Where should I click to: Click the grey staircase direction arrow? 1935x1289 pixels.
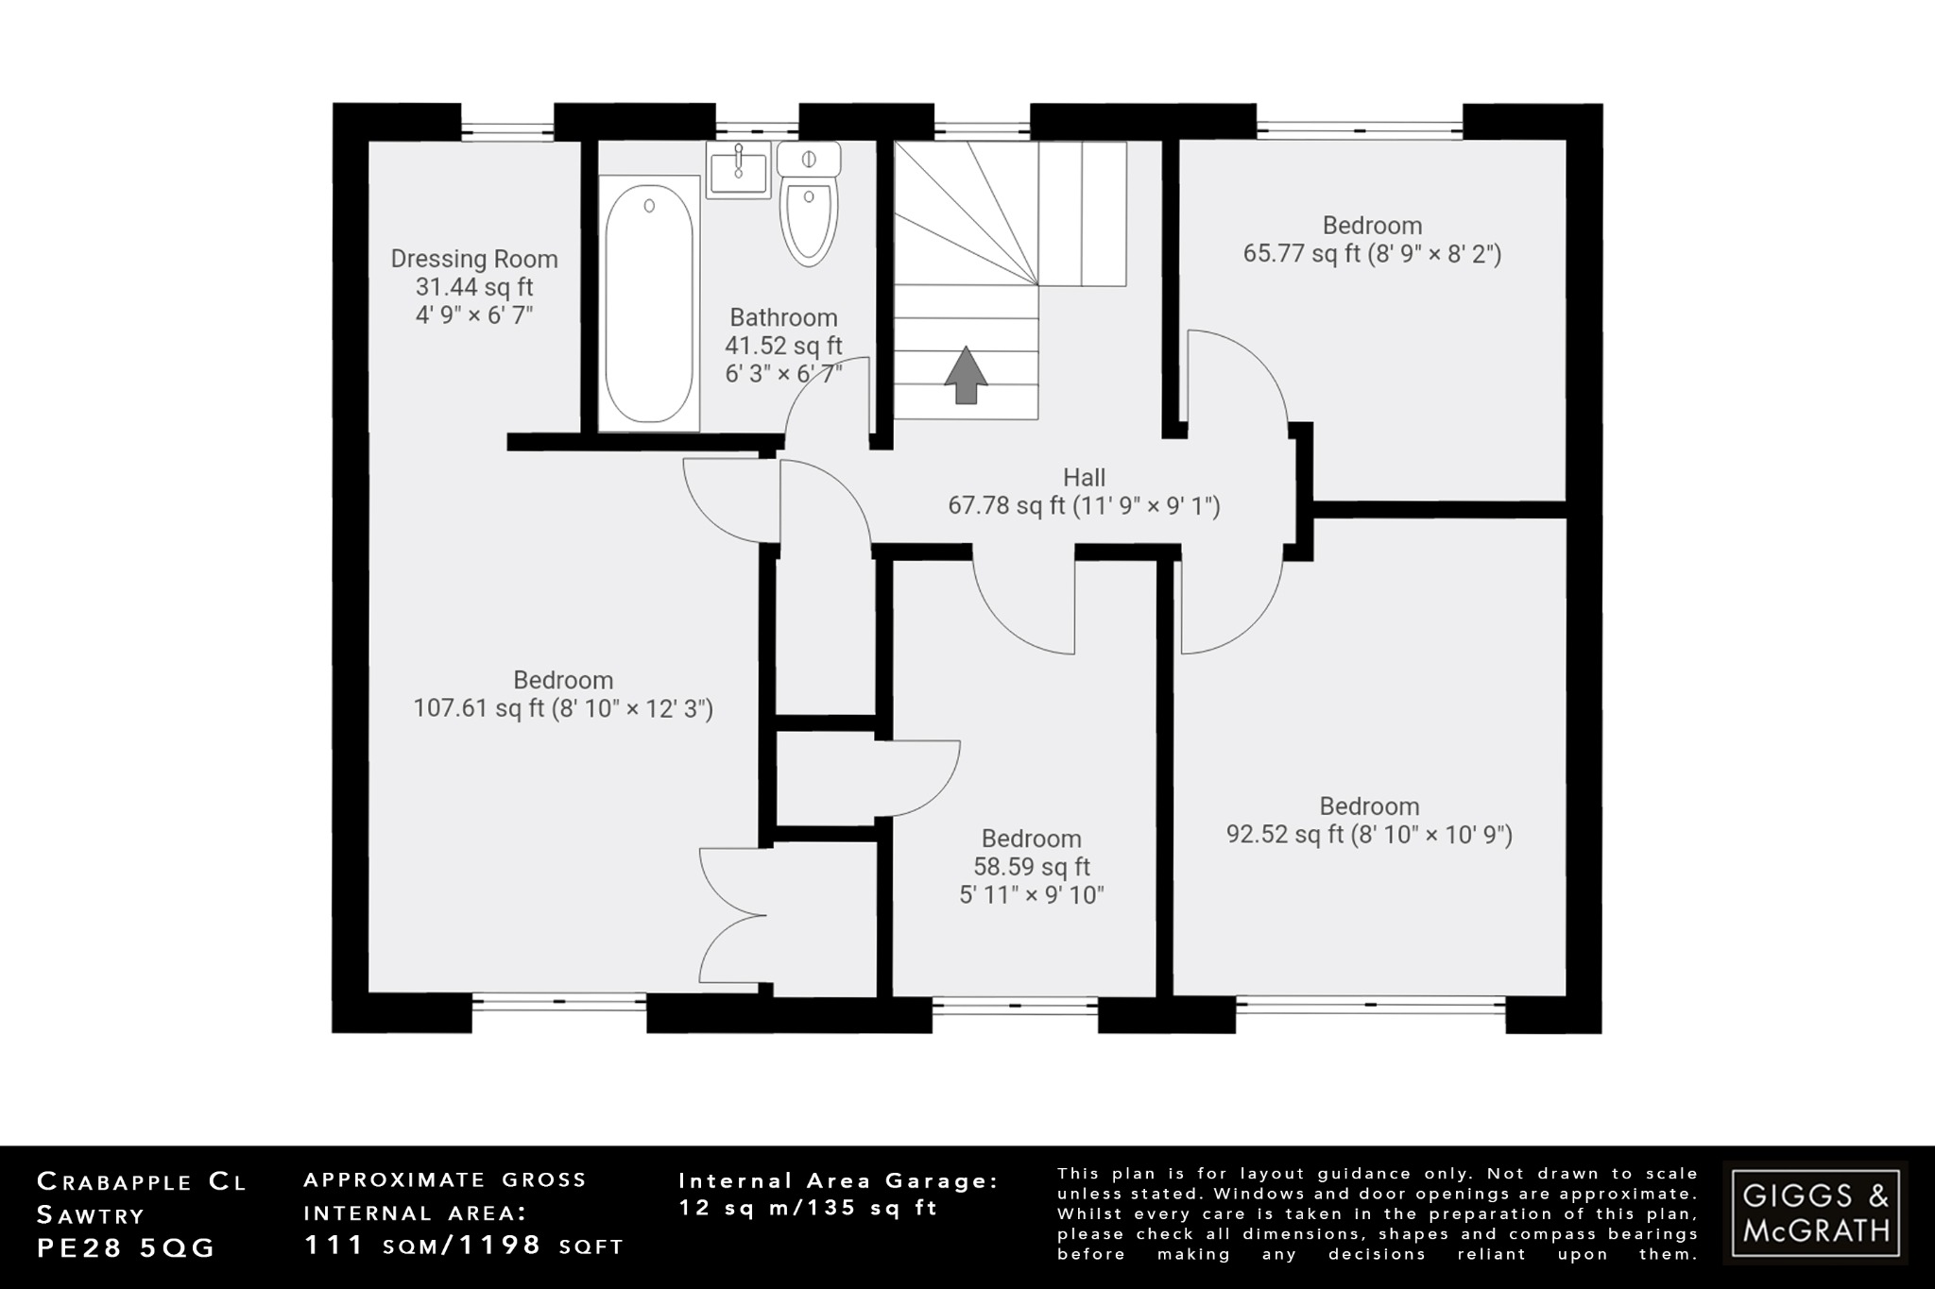tap(966, 375)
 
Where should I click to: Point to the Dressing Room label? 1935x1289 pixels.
tap(474, 259)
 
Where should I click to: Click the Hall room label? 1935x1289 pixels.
tap(1084, 478)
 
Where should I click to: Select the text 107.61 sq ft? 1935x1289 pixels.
tap(479, 708)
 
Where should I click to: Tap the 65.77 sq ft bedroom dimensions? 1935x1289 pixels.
tap(1372, 254)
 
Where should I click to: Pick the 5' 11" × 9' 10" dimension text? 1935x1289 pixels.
tap(1032, 895)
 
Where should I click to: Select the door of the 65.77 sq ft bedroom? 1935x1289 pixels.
tap(1238, 378)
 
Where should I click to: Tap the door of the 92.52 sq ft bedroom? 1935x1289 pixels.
tap(1233, 604)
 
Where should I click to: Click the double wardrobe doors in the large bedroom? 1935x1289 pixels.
tap(732, 916)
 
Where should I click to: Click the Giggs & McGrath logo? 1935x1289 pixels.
tap(1815, 1213)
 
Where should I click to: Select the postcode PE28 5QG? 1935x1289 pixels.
tap(127, 1247)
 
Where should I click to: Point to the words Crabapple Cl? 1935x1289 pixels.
tap(142, 1181)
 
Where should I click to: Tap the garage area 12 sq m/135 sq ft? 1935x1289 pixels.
tap(809, 1208)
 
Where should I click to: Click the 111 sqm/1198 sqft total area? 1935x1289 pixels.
tap(464, 1246)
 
